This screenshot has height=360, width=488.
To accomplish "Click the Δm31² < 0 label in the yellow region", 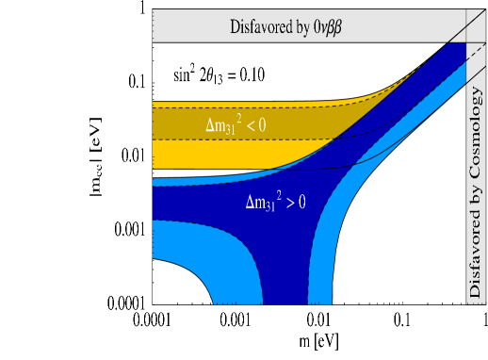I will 243,124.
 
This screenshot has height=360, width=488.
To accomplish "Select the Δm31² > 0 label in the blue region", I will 276,201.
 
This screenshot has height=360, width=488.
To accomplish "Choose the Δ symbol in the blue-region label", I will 250,201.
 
